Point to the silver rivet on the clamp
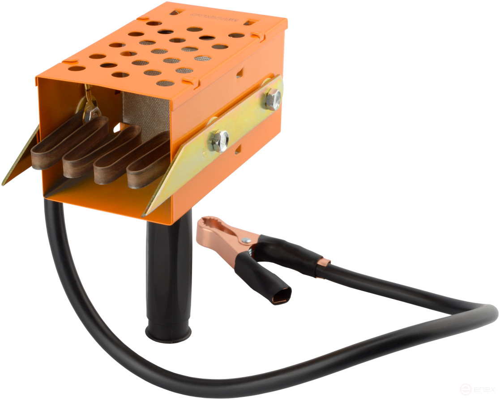[x=245, y=241]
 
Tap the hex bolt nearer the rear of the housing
[x=273, y=99]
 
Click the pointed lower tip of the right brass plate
[x=144, y=215]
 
